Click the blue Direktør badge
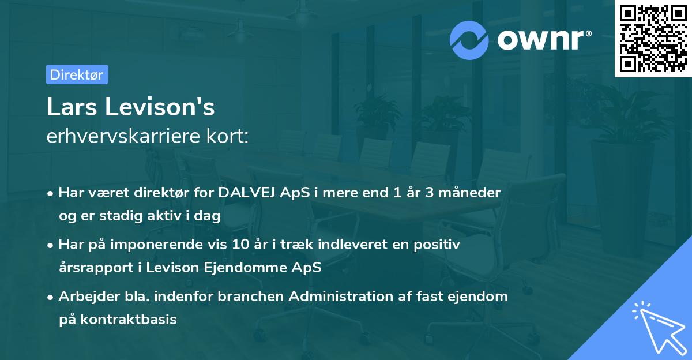77,74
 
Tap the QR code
653,38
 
